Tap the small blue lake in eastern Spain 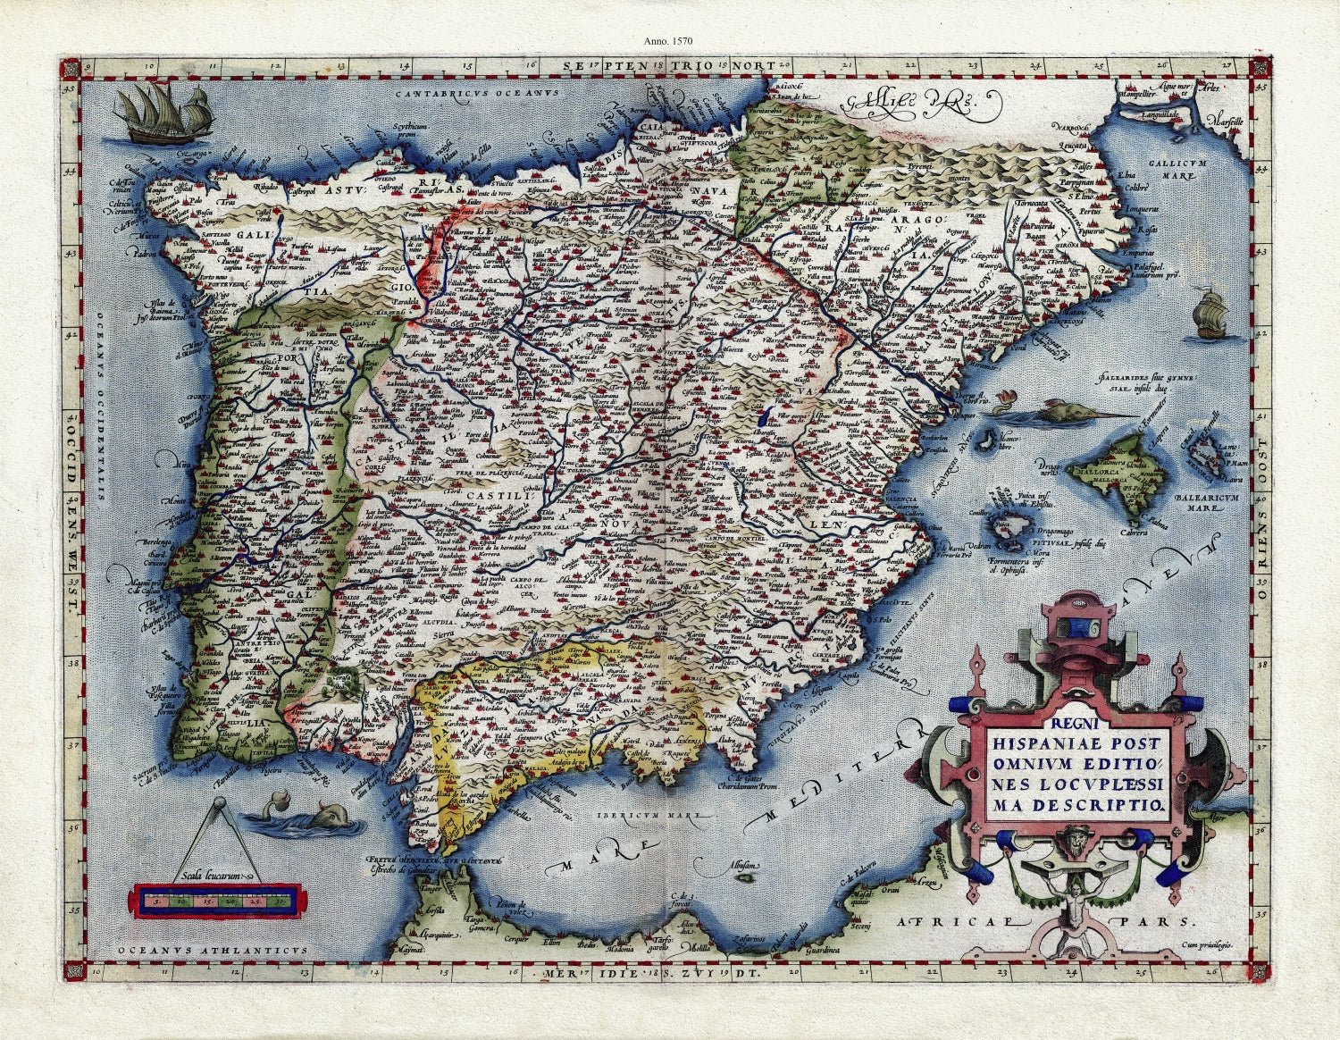(x=760, y=416)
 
